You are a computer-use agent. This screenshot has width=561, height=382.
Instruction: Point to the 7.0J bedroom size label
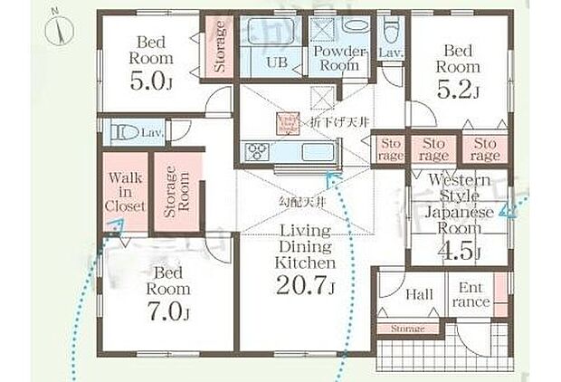(x=169, y=312)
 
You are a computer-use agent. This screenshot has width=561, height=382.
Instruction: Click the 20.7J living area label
(x=306, y=289)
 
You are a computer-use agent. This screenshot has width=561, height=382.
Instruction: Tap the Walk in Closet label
(x=125, y=193)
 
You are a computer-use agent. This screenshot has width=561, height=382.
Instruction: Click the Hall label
(x=418, y=294)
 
